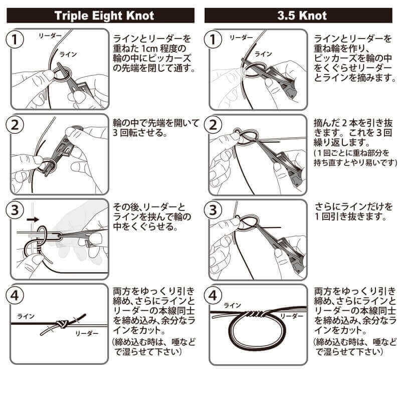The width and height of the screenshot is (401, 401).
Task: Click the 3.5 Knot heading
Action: click(301, 15)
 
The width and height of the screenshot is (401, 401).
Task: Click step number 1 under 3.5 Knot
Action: click(214, 40)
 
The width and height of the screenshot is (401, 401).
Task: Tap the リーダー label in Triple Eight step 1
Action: click(50, 36)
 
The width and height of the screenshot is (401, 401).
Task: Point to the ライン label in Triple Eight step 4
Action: click(26, 316)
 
